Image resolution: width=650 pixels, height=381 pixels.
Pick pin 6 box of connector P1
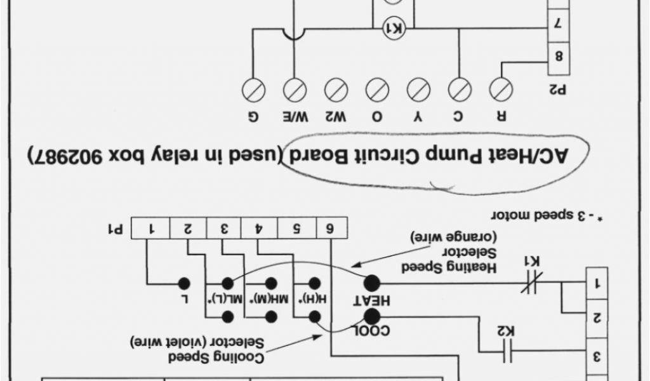[331, 227]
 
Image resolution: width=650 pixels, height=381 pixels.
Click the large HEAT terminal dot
[371, 284]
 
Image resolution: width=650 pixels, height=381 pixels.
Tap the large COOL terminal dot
[371, 317]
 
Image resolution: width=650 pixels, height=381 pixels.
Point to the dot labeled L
[184, 284]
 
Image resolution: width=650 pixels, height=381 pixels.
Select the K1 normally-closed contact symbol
[530, 284]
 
